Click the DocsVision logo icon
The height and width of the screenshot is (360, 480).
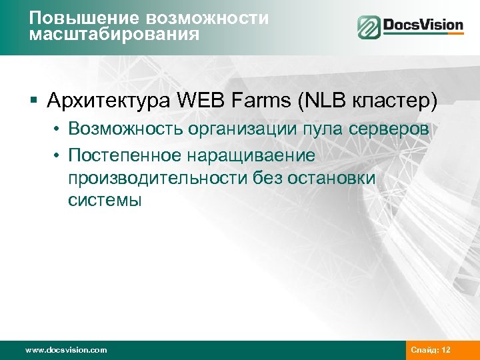click(368, 27)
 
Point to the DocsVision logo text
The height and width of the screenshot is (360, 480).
click(423, 27)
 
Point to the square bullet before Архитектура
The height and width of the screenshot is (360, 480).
click(33, 101)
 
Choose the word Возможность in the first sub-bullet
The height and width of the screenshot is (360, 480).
click(125, 129)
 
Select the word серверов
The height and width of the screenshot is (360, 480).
click(391, 130)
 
